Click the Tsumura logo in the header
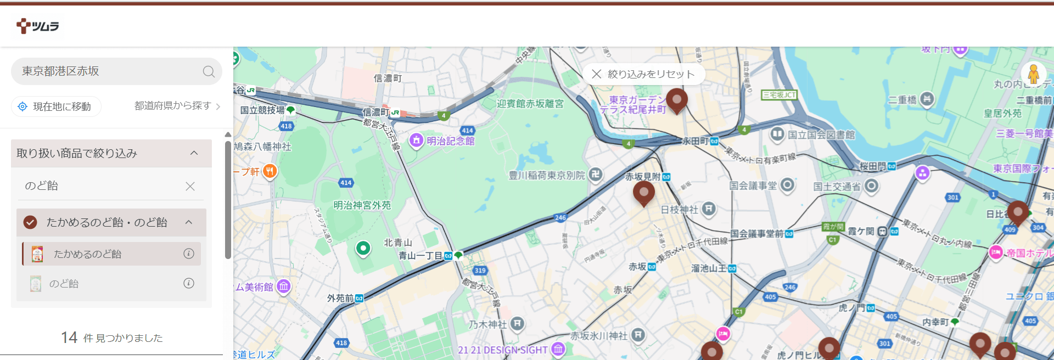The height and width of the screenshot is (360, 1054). click(37, 26)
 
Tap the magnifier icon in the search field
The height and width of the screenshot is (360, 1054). click(209, 71)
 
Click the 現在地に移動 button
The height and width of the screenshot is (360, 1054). click(56, 106)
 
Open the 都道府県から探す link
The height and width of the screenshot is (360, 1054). click(177, 106)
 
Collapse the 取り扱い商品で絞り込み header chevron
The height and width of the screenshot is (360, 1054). click(194, 153)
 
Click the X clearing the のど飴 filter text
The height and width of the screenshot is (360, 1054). click(190, 187)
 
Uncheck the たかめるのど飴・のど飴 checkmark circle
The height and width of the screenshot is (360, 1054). click(30, 222)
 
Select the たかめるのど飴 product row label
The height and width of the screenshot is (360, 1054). click(87, 254)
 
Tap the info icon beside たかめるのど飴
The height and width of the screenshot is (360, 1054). click(189, 254)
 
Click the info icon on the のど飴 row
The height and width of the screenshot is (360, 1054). click(189, 283)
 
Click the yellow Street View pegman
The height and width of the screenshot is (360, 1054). click(1033, 74)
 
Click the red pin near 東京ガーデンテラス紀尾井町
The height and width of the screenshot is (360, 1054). click(677, 100)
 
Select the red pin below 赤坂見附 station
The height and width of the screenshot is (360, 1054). click(643, 193)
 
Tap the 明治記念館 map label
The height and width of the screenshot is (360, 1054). click(450, 141)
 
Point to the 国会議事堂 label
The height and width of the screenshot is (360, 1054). click(753, 186)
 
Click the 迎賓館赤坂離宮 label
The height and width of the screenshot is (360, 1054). click(530, 104)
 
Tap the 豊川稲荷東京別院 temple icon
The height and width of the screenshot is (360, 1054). click(596, 175)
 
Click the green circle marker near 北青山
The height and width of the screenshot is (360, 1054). click(363, 249)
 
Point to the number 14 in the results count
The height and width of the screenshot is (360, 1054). click(69, 337)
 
